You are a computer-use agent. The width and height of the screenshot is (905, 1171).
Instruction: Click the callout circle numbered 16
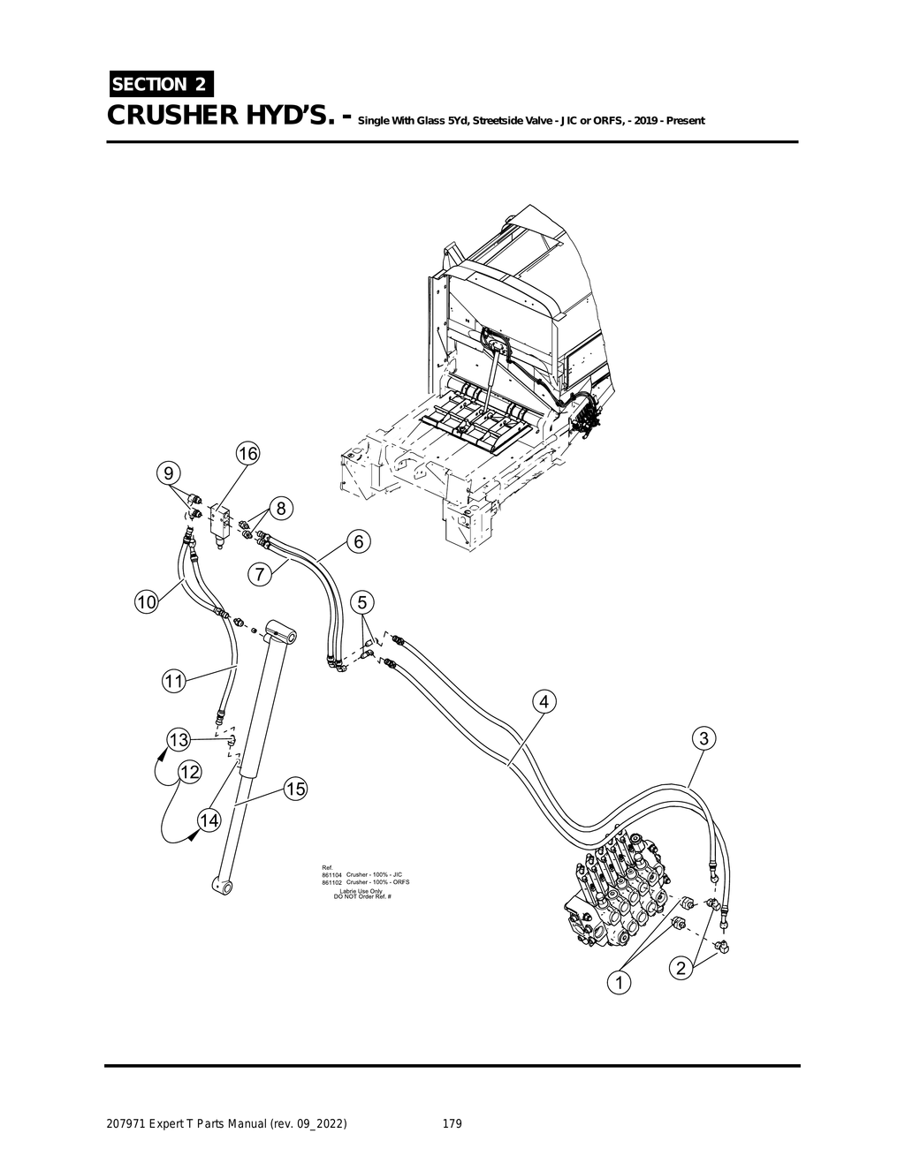point(247,454)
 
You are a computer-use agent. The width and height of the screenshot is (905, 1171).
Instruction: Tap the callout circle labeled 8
point(280,509)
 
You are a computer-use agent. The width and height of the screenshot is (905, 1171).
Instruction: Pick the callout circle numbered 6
point(358,541)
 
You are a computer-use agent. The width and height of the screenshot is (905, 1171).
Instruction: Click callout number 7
point(259,575)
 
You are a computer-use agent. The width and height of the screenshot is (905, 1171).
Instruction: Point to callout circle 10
point(146,602)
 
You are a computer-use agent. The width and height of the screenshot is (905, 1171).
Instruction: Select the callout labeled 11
point(173,681)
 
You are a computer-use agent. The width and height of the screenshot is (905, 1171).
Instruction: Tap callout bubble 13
point(179,738)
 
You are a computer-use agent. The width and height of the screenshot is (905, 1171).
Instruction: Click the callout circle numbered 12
point(189,772)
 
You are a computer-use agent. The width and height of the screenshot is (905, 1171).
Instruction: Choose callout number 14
point(209,820)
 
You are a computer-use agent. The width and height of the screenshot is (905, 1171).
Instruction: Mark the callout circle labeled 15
point(295,789)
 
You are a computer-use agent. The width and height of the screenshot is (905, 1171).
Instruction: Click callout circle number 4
point(544,702)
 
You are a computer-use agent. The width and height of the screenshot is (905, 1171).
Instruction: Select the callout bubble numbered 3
point(703,738)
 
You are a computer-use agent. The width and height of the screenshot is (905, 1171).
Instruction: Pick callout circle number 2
point(681,969)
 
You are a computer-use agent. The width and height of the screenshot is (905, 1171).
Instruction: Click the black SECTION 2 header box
point(160,84)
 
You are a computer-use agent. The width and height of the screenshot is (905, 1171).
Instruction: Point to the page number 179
point(452,1124)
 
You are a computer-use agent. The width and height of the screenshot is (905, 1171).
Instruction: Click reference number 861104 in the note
point(331,874)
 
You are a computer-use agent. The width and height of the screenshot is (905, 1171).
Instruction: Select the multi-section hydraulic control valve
point(619,892)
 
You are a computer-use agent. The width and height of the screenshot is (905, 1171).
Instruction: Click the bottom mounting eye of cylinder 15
point(221,882)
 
